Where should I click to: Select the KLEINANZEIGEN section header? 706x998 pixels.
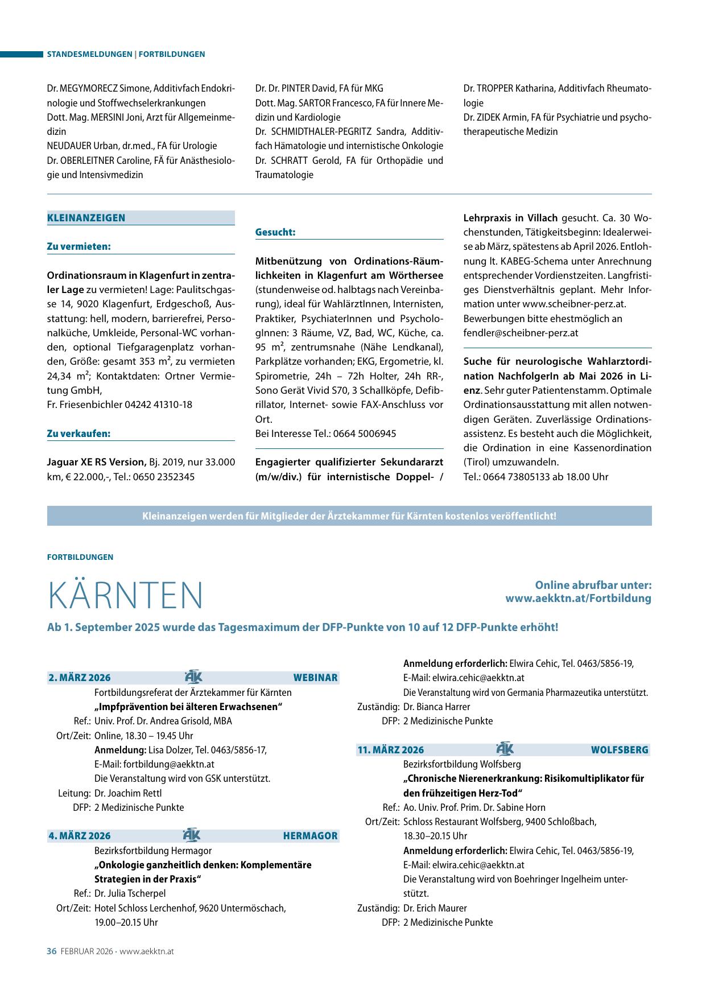coord(86,218)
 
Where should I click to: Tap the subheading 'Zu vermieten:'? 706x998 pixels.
coord(79,246)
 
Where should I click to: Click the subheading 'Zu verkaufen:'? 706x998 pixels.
coord(79,434)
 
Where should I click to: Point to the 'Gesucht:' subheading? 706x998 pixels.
coord(275,232)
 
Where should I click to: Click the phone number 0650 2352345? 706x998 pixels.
coord(162,477)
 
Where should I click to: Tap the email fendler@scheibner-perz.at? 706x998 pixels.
coord(521,333)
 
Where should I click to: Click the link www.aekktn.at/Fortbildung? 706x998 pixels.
coord(578,599)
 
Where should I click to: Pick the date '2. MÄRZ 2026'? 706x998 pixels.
coord(80,678)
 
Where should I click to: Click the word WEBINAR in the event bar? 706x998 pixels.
coord(315,678)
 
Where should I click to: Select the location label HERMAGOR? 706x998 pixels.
coord(310,836)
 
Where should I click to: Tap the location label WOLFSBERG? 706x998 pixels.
coord(620,750)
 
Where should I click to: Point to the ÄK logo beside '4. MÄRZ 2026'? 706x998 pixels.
coord(192,835)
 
